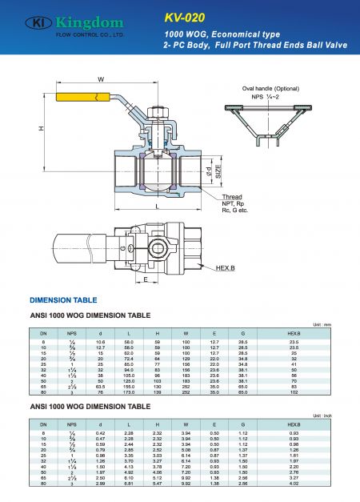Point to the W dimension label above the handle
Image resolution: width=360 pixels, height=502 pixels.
click(101, 79)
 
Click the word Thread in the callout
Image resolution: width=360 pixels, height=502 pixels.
click(232, 197)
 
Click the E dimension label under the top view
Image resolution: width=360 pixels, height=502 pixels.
click(146, 280)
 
